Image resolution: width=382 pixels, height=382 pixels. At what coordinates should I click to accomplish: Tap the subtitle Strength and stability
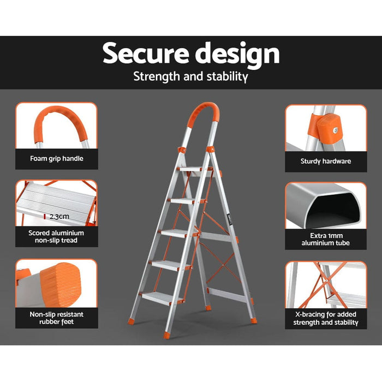click(190, 76)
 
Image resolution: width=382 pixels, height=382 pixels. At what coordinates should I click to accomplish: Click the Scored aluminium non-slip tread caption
click(56, 236)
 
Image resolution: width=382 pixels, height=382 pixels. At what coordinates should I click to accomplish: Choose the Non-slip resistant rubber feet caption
click(56, 318)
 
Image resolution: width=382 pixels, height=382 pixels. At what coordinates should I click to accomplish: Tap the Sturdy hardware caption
click(325, 161)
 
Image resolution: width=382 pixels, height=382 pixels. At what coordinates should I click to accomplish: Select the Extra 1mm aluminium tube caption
click(325, 239)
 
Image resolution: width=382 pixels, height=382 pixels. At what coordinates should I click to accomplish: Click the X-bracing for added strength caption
click(325, 318)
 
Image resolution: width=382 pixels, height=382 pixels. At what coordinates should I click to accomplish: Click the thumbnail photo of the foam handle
click(56, 126)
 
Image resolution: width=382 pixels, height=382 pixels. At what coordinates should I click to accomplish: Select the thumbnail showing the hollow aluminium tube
click(325, 206)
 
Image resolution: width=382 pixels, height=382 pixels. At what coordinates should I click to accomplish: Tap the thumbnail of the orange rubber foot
click(56, 284)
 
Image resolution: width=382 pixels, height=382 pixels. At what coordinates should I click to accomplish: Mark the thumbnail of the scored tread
click(56, 204)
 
